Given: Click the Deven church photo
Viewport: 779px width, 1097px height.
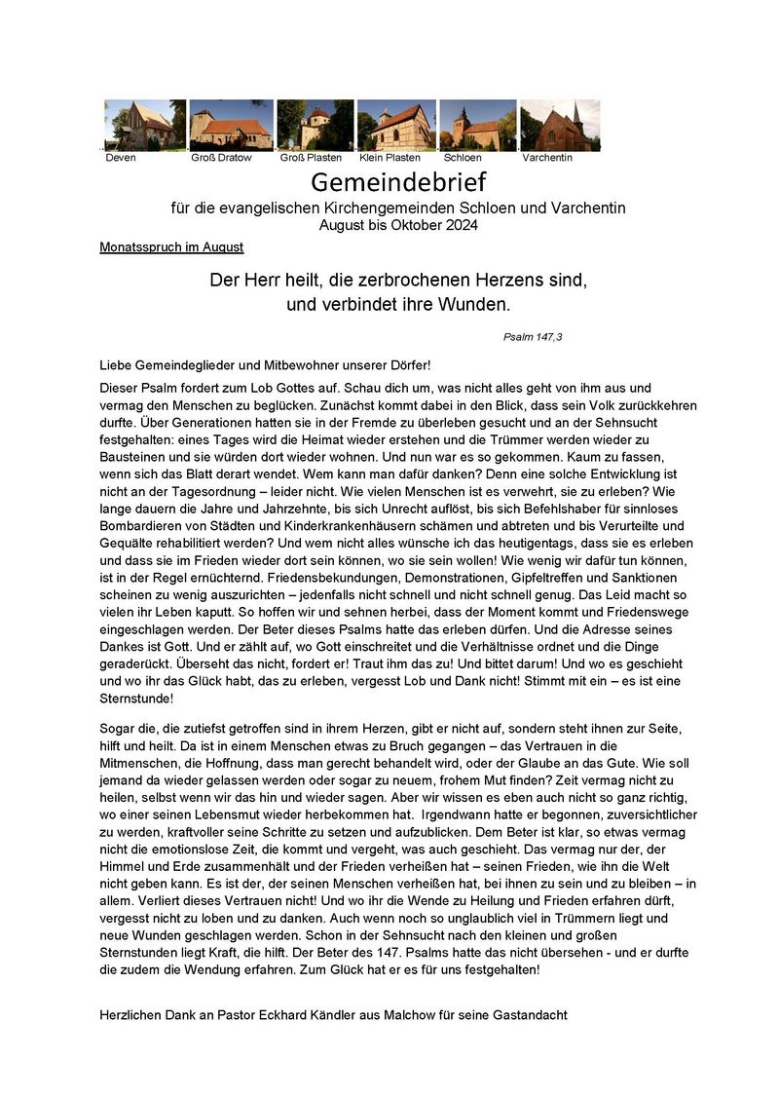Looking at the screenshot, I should (144, 125).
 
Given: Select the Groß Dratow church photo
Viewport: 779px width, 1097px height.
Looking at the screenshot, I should (231, 125).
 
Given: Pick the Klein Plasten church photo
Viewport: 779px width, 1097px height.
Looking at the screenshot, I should (395, 125).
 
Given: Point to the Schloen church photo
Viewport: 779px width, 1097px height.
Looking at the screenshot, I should (477, 125).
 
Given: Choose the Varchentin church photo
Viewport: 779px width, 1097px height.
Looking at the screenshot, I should (560, 125).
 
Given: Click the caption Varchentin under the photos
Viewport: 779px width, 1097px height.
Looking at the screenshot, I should (547, 158).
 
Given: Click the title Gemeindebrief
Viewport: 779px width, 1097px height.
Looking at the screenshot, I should (397, 181).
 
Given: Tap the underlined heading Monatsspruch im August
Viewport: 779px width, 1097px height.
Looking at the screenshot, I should (171, 247).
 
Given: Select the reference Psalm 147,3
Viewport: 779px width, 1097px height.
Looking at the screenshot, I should (533, 337).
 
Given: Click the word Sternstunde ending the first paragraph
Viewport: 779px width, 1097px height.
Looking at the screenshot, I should (137, 698).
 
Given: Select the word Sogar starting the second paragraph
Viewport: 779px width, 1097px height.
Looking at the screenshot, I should (118, 728).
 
